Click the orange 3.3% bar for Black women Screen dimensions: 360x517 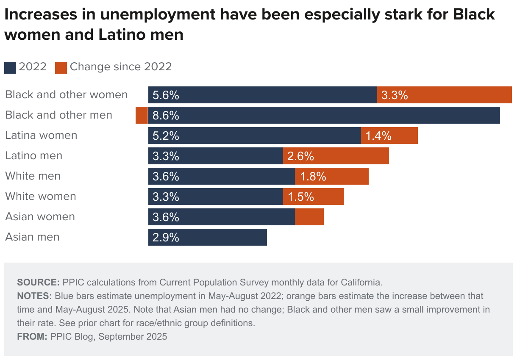coord(444,95)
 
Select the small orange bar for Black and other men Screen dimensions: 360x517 coord(142,115)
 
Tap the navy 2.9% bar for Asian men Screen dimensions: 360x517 coord(208,237)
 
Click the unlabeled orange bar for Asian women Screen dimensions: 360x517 coord(309,217)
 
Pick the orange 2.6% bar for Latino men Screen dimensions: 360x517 coord(336,156)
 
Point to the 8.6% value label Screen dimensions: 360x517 coord(166,116)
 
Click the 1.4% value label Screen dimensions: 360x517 coord(378,136)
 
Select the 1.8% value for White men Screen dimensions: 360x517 coord(313,177)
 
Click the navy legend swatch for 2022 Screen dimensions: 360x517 coord(10,67)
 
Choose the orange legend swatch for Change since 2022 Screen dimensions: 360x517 coord(61,67)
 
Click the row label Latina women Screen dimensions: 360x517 coord(41,136)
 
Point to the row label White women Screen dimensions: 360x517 coord(41,197)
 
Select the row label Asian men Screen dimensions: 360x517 coord(32,237)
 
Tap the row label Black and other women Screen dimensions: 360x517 coord(66,95)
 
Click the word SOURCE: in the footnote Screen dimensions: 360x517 coord(38,282)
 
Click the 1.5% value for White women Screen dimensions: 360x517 coord(301,197)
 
